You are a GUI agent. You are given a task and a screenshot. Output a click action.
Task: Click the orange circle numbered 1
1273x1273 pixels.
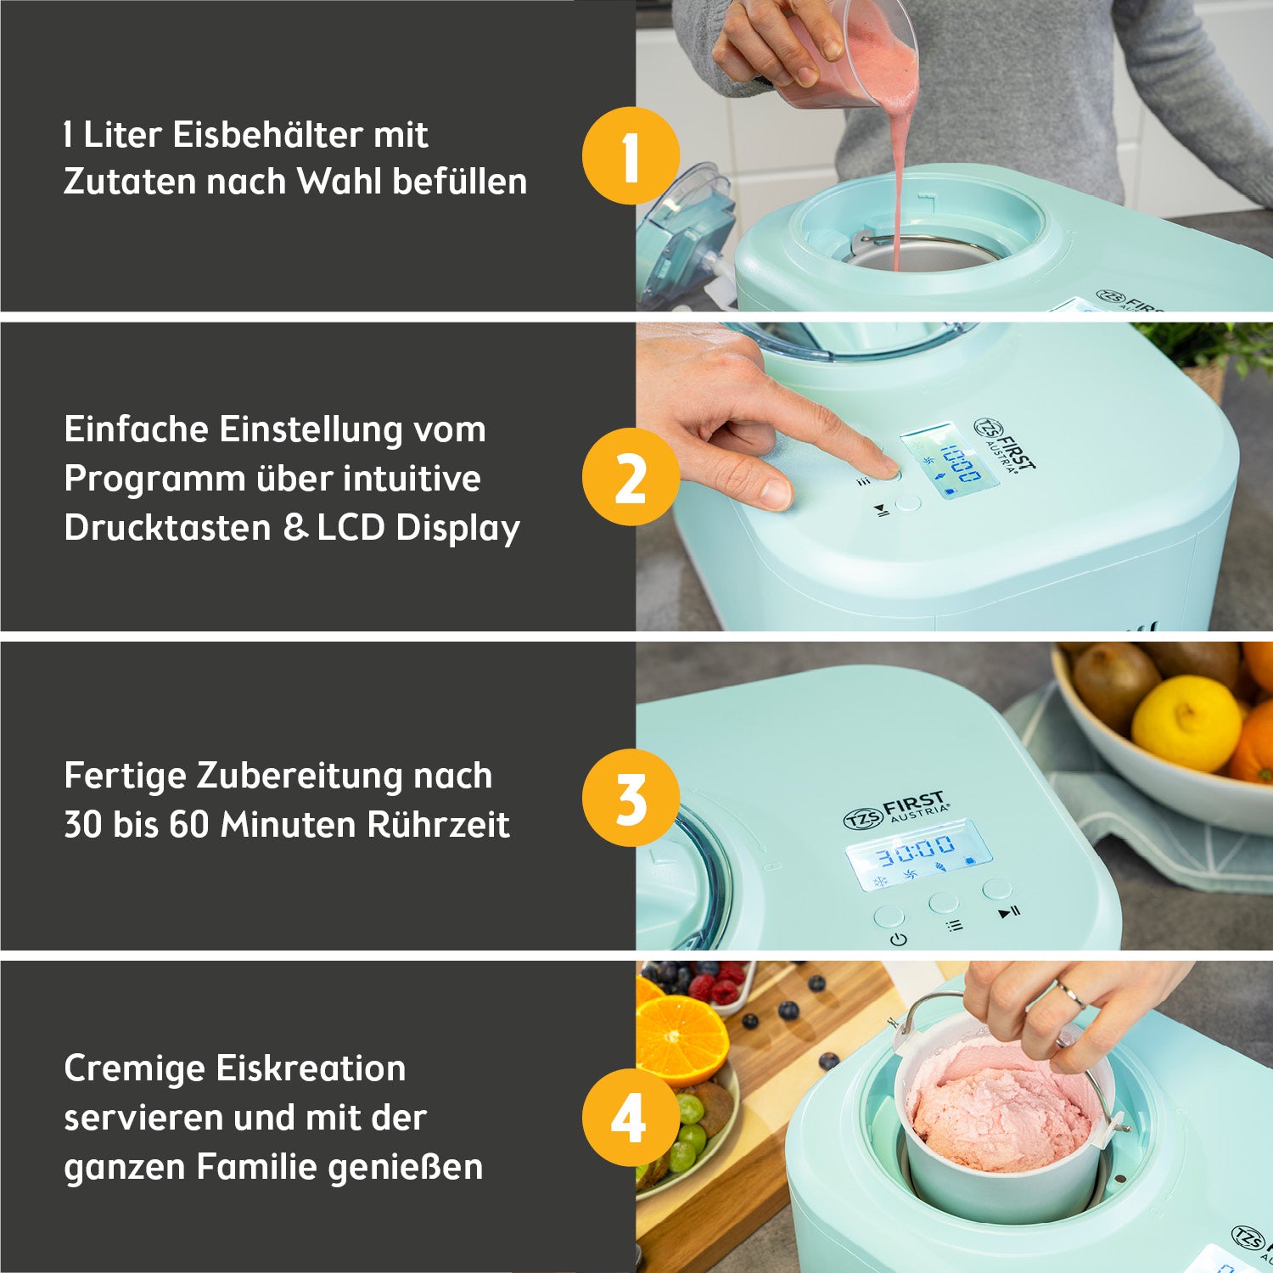pos(631,156)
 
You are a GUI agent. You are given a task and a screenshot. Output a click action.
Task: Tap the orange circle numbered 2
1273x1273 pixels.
pos(631,477)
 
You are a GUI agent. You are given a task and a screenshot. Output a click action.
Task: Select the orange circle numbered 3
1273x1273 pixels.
pos(631,798)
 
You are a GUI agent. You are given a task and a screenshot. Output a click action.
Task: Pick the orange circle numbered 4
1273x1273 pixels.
pos(631,1118)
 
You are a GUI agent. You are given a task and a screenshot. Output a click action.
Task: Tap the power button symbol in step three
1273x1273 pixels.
pos(898,939)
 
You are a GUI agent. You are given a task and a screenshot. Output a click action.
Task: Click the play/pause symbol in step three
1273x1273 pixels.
pos(1009,913)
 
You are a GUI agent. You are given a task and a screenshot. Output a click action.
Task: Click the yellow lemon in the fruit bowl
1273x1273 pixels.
pos(1186,723)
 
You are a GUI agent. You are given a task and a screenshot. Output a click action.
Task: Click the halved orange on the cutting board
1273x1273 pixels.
pos(681,1039)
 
